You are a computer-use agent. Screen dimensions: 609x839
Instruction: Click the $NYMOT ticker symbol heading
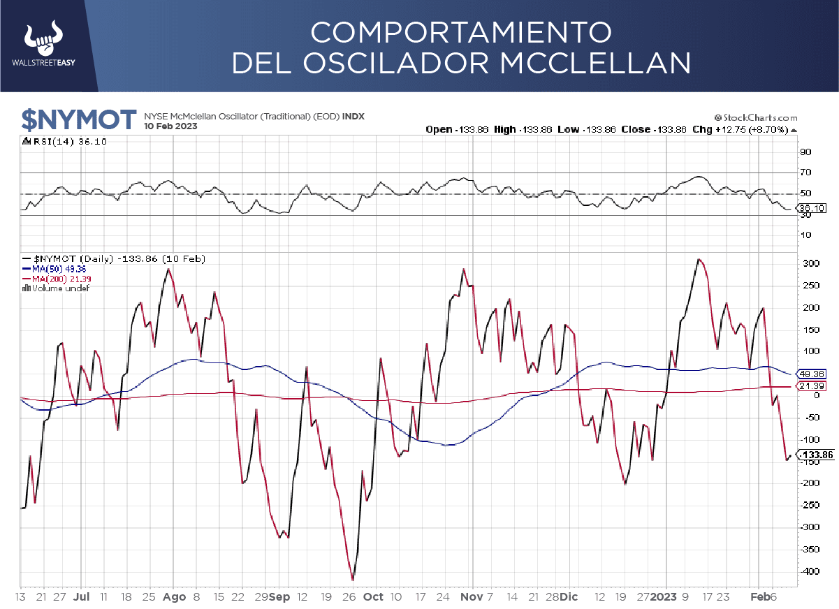78,119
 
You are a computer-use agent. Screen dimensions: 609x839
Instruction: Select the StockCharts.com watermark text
756,118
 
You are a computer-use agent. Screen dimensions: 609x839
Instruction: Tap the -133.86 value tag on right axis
817,455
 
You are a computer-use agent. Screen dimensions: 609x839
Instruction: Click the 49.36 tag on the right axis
812,374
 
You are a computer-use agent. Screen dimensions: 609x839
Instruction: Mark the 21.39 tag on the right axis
812,386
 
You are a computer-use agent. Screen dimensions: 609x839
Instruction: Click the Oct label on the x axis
374,597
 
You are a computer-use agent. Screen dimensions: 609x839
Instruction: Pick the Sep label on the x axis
279,597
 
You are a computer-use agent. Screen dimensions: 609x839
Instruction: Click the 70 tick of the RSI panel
805,173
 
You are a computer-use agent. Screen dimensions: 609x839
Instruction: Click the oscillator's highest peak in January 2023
699,260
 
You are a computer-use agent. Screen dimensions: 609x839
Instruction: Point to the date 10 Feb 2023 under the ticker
170,126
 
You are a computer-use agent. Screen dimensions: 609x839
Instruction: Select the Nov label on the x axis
472,597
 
